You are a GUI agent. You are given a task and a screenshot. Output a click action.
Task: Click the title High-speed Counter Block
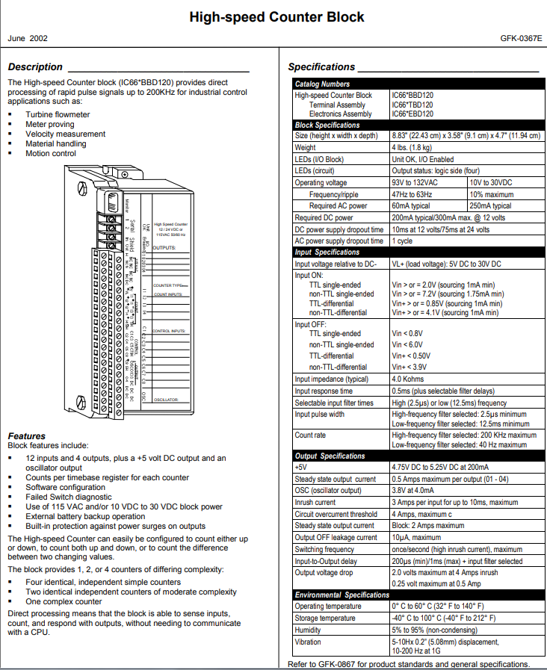click(276, 16)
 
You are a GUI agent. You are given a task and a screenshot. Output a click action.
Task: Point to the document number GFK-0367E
click(521, 37)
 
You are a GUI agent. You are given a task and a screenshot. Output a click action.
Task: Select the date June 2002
click(27, 37)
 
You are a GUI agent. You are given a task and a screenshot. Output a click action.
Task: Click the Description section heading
click(35, 67)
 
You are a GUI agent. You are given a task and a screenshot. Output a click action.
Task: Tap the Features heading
click(27, 435)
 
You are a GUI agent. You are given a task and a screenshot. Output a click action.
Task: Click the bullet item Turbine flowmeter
click(58, 115)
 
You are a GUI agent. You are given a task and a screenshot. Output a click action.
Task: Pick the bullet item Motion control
click(51, 154)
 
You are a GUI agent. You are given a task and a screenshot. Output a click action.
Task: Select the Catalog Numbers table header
click(322, 84)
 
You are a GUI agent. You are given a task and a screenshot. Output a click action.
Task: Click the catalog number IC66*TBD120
click(412, 105)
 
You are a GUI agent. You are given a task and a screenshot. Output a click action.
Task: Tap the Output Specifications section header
click(330, 456)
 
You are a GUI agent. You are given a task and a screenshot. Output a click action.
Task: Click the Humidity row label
click(308, 630)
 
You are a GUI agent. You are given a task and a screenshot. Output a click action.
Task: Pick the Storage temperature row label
click(326, 618)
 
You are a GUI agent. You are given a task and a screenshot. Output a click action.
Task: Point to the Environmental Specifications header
click(342, 595)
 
